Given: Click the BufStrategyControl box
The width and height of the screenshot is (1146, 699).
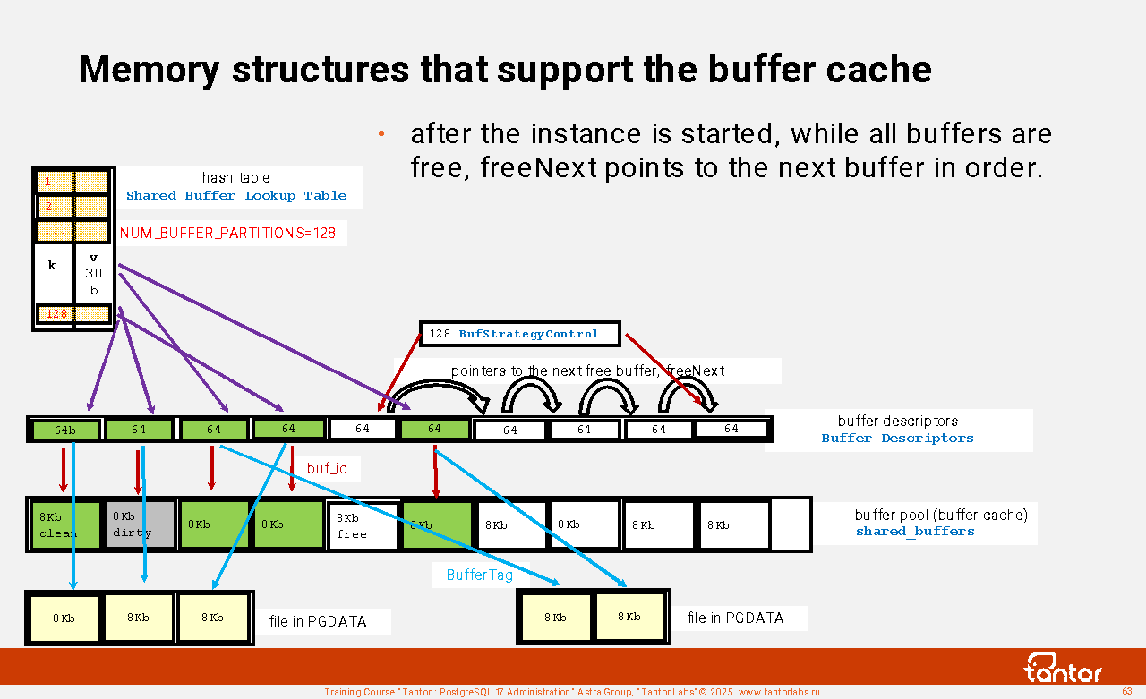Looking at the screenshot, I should coord(519,334).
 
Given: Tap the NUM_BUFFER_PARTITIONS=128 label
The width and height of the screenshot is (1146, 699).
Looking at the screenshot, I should coord(228,234).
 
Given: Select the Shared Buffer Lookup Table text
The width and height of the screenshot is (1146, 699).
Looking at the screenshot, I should coord(236,196).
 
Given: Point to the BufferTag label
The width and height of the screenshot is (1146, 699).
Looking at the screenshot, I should coord(480,575).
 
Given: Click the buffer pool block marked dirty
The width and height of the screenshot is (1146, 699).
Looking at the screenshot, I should coord(140,524).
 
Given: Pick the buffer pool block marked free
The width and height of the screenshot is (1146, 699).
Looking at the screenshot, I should coord(363,526).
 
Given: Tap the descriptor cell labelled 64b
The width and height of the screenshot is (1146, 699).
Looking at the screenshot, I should coord(65,430).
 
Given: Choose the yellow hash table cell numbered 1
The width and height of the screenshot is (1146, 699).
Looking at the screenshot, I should coord(52,182).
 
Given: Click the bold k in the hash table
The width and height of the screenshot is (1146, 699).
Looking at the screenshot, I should coord(52,266).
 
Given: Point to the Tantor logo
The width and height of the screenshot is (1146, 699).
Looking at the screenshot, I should coord(1063,668).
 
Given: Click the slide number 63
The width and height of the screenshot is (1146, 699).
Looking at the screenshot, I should coord(1127,692).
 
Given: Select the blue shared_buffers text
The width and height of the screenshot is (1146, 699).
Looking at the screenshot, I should coord(915,532).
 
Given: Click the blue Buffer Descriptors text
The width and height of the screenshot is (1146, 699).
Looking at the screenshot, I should coord(897,439).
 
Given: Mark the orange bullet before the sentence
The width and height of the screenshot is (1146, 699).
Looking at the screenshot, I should coord(381,134).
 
